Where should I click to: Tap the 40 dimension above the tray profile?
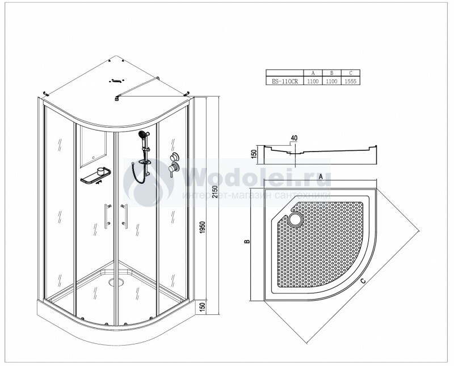[294, 138]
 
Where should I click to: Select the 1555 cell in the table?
[350, 81]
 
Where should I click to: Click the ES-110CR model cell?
[285, 81]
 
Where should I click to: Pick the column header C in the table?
[350, 73]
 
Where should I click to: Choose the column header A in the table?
[313, 73]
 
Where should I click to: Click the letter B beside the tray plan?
[247, 241]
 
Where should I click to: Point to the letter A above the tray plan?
[320, 176]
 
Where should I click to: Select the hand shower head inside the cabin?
[143, 134]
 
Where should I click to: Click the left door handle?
[107, 216]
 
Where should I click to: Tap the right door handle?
[125, 216]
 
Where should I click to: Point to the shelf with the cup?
[95, 176]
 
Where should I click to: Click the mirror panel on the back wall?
[93, 146]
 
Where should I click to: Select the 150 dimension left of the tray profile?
[254, 154]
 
